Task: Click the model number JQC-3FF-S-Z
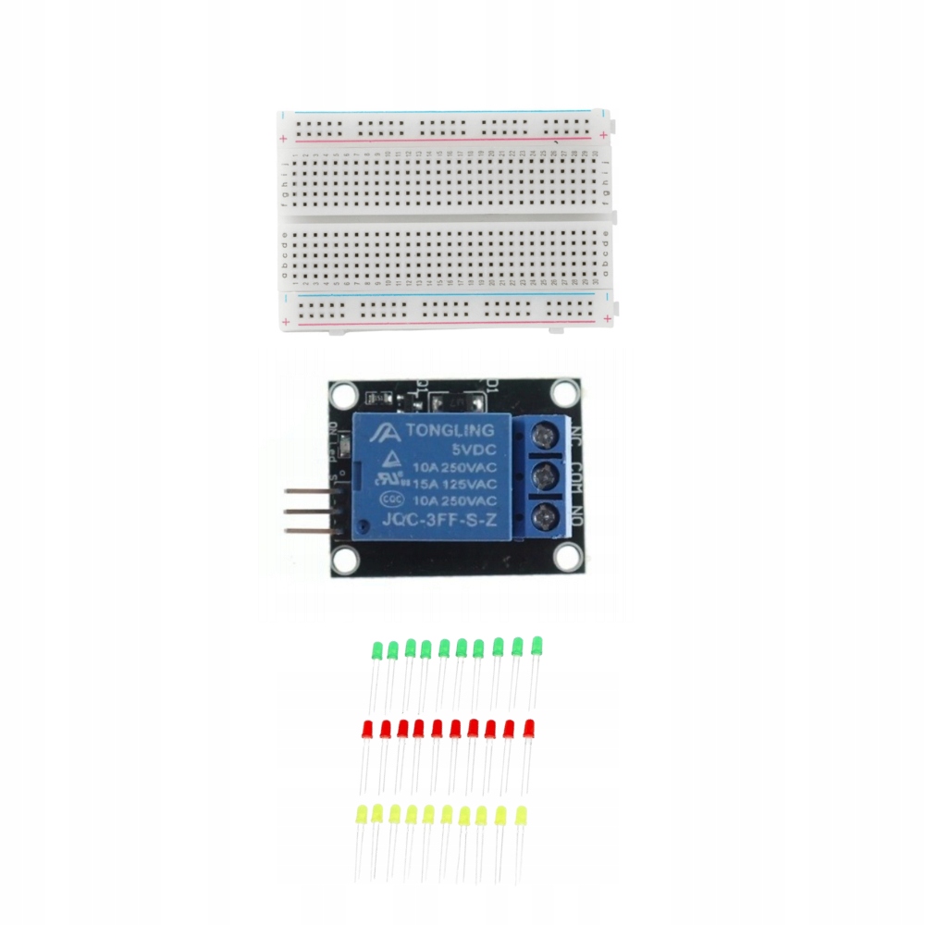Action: pyautogui.click(x=430, y=521)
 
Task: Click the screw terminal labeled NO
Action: pyautogui.click(x=548, y=516)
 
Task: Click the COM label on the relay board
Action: pyautogui.click(x=574, y=477)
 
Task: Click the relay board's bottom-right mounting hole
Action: pyautogui.click(x=566, y=558)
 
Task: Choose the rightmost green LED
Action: pyautogui.click(x=536, y=646)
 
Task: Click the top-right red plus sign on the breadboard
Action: pyautogui.click(x=603, y=137)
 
